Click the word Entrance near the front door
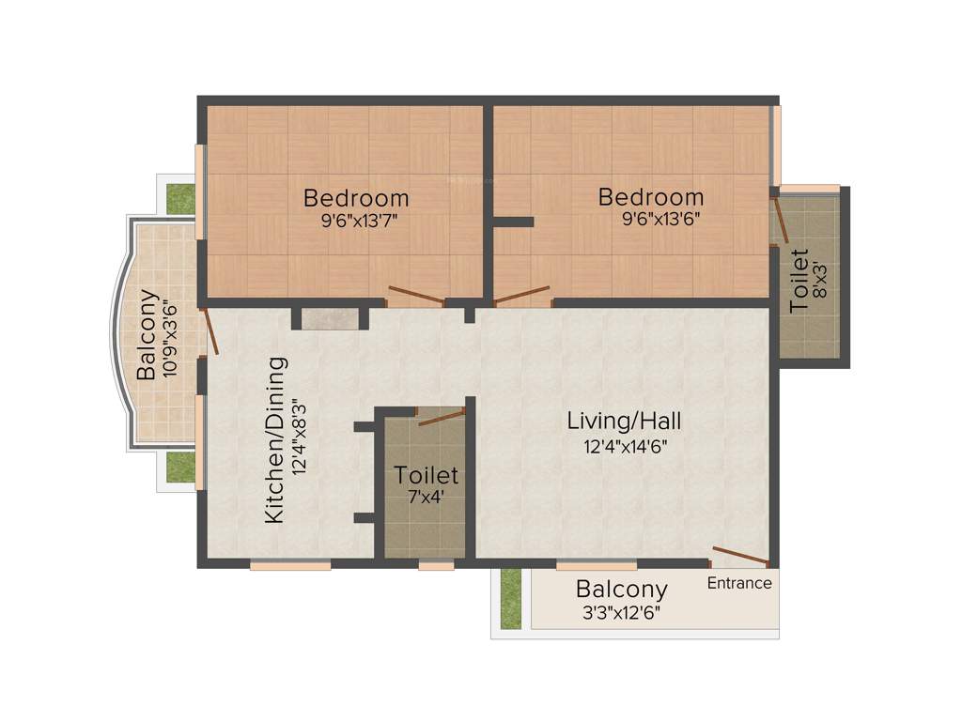tap(739, 583)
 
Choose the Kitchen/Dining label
tap(274, 440)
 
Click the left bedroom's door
tap(415, 296)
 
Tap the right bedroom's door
tap(522, 296)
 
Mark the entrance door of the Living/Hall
tap(740, 556)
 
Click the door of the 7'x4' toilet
tap(441, 417)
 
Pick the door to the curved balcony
tap(210, 330)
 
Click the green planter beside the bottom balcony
tap(510, 598)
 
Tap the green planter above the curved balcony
tap(179, 197)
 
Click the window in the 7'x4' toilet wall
tap(436, 566)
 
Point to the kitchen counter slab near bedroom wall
tap(331, 318)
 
